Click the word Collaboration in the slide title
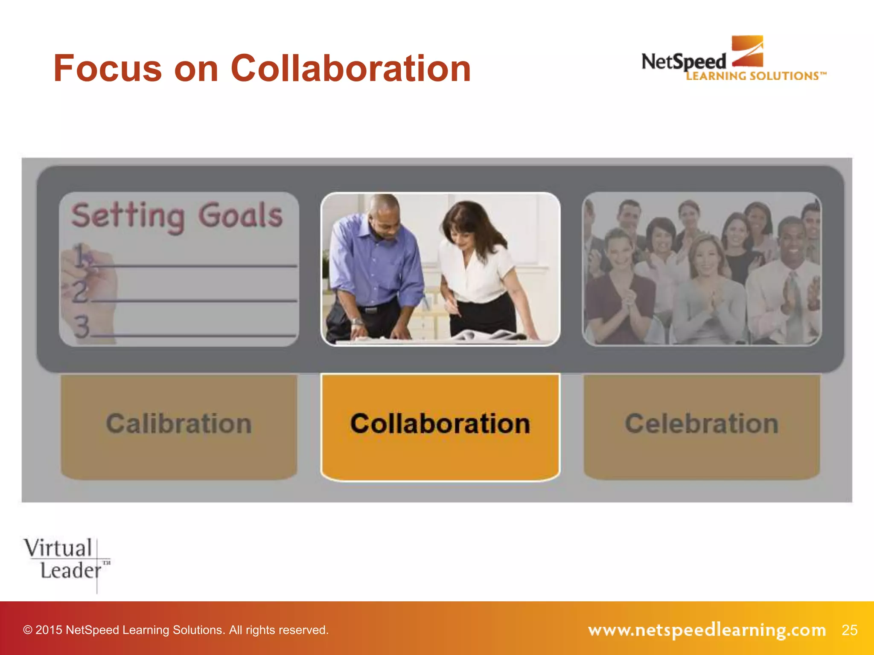tap(351, 69)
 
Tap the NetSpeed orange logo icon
tap(747, 51)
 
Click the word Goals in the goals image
tap(240, 215)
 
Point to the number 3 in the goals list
tap(82, 326)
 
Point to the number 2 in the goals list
tap(80, 292)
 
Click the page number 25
tap(849, 630)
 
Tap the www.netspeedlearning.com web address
tap(707, 630)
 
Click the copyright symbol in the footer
tap(28, 630)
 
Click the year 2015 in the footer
tap(49, 630)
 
